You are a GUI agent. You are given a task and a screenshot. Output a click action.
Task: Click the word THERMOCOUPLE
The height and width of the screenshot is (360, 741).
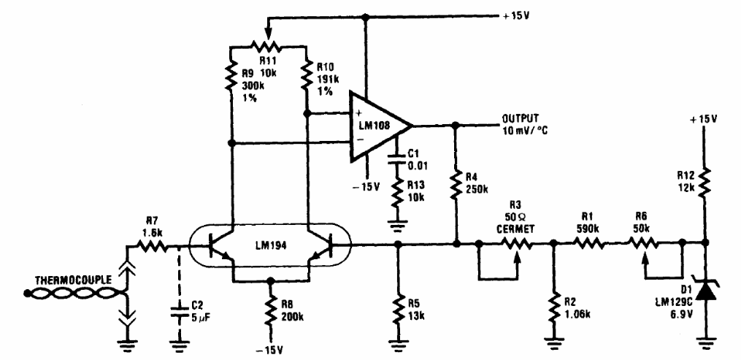click(70, 280)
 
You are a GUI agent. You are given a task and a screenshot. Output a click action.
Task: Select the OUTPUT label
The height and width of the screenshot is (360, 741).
click(519, 117)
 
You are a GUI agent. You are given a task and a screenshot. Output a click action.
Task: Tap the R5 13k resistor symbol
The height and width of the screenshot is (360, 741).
click(397, 306)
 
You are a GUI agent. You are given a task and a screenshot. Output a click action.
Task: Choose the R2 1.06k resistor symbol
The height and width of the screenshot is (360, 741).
click(553, 307)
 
